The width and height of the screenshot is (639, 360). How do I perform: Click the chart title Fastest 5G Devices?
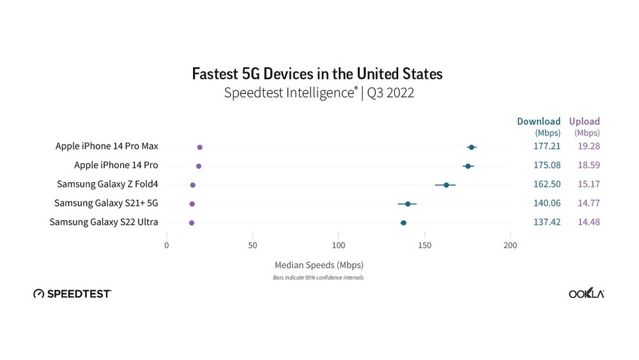[317, 74]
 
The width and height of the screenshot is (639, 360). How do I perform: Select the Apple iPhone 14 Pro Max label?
[107, 146]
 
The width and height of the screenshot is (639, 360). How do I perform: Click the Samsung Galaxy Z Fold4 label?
[107, 184]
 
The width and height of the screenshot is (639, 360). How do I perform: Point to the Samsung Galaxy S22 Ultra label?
[104, 223]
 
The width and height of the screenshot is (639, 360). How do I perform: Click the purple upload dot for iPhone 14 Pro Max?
[200, 147]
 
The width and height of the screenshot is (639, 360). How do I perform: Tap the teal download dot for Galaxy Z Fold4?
[446, 185]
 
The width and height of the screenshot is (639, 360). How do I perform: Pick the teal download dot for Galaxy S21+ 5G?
[408, 204]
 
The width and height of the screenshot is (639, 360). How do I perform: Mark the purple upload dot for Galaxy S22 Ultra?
[192, 223]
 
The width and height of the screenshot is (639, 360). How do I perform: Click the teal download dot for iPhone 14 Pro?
[468, 166]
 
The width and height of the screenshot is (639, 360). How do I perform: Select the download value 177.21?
[547, 146]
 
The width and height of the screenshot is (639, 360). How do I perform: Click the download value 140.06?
[547, 203]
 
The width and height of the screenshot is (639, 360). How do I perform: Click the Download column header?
[539, 121]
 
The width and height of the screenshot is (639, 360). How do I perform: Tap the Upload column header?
[585, 121]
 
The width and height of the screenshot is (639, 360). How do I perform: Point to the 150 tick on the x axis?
[424, 245]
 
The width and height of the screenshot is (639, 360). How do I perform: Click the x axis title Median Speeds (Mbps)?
[318, 265]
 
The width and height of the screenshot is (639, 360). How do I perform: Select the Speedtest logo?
[72, 293]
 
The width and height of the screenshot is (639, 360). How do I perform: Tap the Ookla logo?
[586, 293]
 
